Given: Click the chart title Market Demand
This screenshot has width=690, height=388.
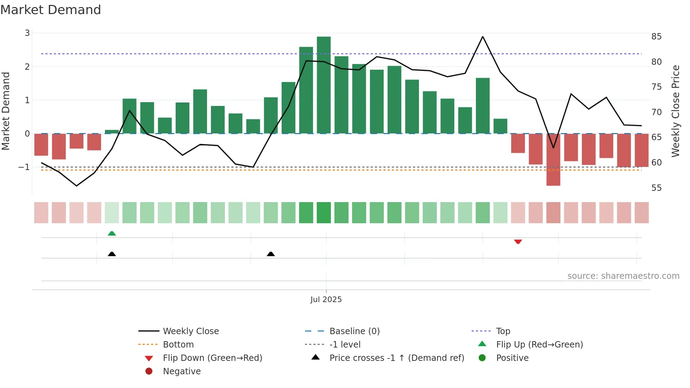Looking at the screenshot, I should tap(51, 10).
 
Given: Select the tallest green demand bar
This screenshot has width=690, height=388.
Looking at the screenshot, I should tap(324, 85).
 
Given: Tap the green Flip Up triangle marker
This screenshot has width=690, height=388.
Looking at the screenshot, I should tap(112, 233).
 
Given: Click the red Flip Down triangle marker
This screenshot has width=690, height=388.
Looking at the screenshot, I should tap(518, 242).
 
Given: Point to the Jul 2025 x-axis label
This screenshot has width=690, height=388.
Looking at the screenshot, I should tap(326, 300).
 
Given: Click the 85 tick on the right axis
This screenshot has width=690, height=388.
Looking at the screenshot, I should tap(656, 37).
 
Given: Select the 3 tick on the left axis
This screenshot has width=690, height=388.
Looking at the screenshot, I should tap(27, 33).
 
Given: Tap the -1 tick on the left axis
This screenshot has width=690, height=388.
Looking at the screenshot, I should tap(24, 167).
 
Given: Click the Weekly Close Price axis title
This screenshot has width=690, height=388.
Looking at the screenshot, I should tap(675, 111).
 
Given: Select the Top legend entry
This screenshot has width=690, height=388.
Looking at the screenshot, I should tap(503, 331).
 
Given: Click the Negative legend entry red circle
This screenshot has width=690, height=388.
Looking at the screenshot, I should tap(149, 371).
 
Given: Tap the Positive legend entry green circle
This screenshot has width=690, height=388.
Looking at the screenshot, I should tap(482, 358).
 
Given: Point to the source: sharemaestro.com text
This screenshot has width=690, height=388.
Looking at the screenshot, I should tap(623, 276).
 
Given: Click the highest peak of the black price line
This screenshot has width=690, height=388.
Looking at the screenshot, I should tap(483, 37).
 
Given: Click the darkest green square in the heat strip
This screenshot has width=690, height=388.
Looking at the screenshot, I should tap(324, 213).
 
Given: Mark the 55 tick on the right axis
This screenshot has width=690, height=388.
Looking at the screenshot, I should tap(656, 188).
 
